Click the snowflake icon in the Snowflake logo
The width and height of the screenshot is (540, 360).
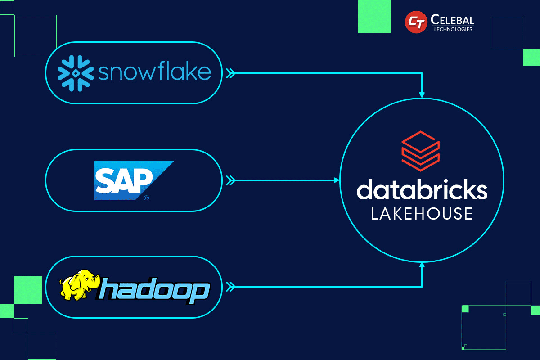tap(75, 72)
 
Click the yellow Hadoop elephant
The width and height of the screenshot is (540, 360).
tap(79, 285)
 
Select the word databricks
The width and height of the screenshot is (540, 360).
tap(422, 190)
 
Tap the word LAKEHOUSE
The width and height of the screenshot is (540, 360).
tap(422, 213)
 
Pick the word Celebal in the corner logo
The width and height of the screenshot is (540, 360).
tap(452, 19)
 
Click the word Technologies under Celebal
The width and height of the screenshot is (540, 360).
tap(452, 29)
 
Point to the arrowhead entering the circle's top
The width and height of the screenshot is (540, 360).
tap(422, 95)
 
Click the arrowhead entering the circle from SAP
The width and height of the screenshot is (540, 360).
tap(336, 180)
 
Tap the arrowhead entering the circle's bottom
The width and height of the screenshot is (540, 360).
tap(422, 265)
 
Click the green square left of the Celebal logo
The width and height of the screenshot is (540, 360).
tap(373, 17)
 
